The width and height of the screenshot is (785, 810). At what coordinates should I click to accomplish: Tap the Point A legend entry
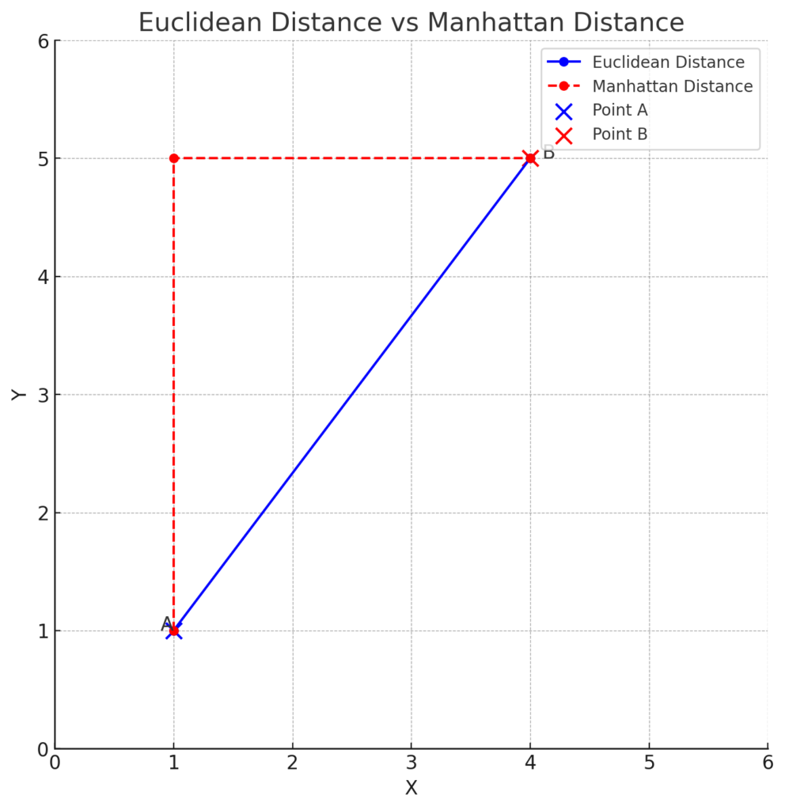click(x=620, y=111)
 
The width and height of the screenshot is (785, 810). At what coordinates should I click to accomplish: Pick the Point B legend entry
click(x=620, y=134)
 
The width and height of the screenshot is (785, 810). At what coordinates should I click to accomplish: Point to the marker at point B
click(x=530, y=158)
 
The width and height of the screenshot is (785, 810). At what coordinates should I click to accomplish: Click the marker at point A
click(x=174, y=631)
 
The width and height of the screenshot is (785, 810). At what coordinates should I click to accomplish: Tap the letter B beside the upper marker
click(x=548, y=153)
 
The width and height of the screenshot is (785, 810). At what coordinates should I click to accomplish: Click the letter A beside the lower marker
click(x=166, y=624)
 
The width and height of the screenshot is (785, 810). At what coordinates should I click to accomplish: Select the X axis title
click(x=411, y=788)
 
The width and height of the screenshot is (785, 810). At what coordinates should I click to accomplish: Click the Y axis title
click(x=20, y=394)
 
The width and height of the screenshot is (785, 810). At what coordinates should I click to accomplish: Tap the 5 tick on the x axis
click(x=649, y=763)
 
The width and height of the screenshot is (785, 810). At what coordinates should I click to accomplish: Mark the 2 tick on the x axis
click(x=293, y=763)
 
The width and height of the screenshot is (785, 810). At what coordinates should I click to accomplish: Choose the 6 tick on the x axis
click(x=767, y=763)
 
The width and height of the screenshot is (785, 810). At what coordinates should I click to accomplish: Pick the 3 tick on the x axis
click(x=411, y=763)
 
